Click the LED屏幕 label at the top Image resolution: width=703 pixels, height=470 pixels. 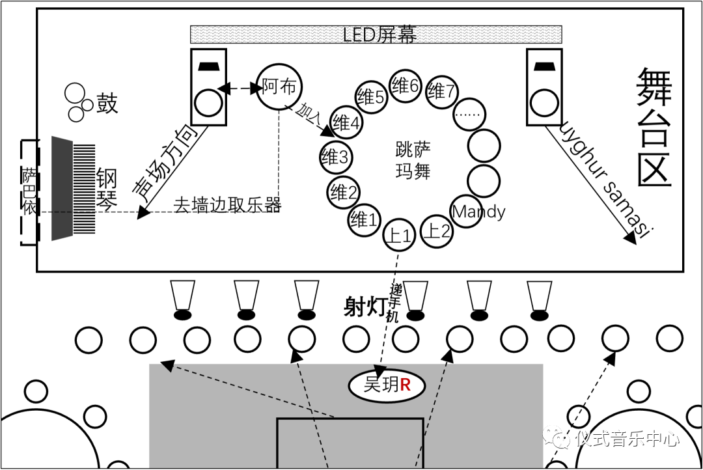379,35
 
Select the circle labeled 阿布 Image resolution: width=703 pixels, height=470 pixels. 280,87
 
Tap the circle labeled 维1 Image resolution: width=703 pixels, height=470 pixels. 364,219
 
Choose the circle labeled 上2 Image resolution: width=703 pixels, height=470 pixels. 436,230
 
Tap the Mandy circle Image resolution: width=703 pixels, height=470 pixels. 478,212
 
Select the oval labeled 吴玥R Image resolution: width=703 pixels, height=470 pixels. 387,385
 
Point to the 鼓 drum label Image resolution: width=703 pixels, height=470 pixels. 107,103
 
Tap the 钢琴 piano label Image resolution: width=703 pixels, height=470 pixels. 107,189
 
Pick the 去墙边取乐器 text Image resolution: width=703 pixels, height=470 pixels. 227,206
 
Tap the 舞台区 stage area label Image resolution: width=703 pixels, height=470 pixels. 654,127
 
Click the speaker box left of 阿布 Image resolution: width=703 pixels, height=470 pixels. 208,87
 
